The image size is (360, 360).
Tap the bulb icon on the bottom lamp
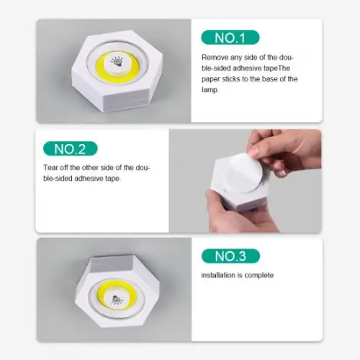click(x=117, y=298)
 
